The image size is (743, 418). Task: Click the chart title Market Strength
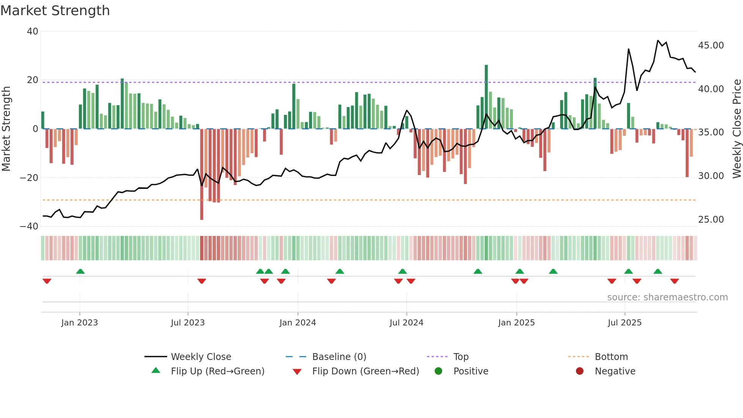point(55,11)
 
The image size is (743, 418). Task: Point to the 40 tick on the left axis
point(33,31)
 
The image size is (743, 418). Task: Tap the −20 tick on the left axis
point(29,178)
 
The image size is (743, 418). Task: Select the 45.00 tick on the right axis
point(711,46)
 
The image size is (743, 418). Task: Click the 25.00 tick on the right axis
point(711,220)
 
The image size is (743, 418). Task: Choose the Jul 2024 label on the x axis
point(406,323)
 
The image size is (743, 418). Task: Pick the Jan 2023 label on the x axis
point(80,323)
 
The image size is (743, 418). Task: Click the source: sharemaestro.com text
point(667,297)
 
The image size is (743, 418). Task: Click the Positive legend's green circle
point(439,371)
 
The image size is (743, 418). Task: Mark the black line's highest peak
point(658,41)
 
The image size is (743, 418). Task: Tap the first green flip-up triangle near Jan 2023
point(80,271)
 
